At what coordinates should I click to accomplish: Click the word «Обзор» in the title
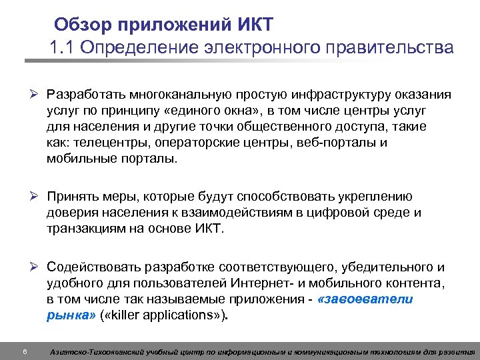click(x=87, y=26)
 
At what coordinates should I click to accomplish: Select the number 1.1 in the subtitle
click(x=61, y=49)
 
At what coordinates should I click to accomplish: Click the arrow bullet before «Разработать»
click(x=39, y=95)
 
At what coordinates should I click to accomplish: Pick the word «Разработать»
click(x=90, y=95)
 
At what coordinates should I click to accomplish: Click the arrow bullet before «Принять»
click(x=39, y=196)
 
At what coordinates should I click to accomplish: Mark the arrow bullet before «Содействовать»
click(x=39, y=267)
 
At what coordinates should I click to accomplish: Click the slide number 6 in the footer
click(x=24, y=351)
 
